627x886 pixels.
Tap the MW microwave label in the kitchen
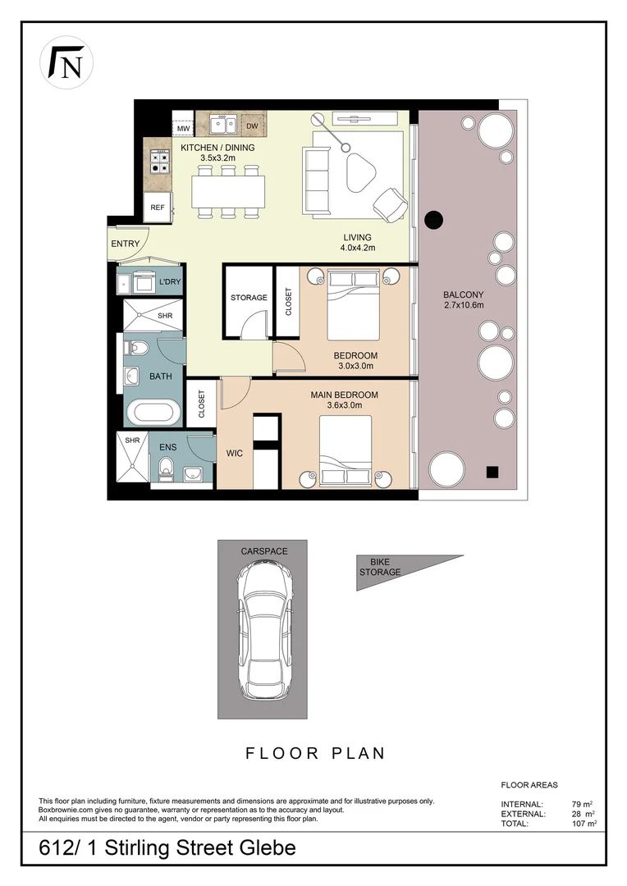click(183, 129)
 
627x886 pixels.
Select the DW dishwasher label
click(252, 126)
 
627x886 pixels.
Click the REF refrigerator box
click(158, 208)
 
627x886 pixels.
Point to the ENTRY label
click(126, 244)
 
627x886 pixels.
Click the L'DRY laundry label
click(170, 282)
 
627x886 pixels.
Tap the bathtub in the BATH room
click(150, 410)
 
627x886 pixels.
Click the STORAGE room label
click(249, 297)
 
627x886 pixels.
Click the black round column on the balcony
click(432, 220)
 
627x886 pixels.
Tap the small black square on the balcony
click(492, 471)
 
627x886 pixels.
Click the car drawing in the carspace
click(263, 628)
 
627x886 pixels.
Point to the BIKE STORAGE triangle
click(394, 569)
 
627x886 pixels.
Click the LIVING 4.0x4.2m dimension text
click(358, 243)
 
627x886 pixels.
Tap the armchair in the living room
click(389, 202)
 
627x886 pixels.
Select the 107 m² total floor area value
click(584, 823)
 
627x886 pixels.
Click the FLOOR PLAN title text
click(316, 753)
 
